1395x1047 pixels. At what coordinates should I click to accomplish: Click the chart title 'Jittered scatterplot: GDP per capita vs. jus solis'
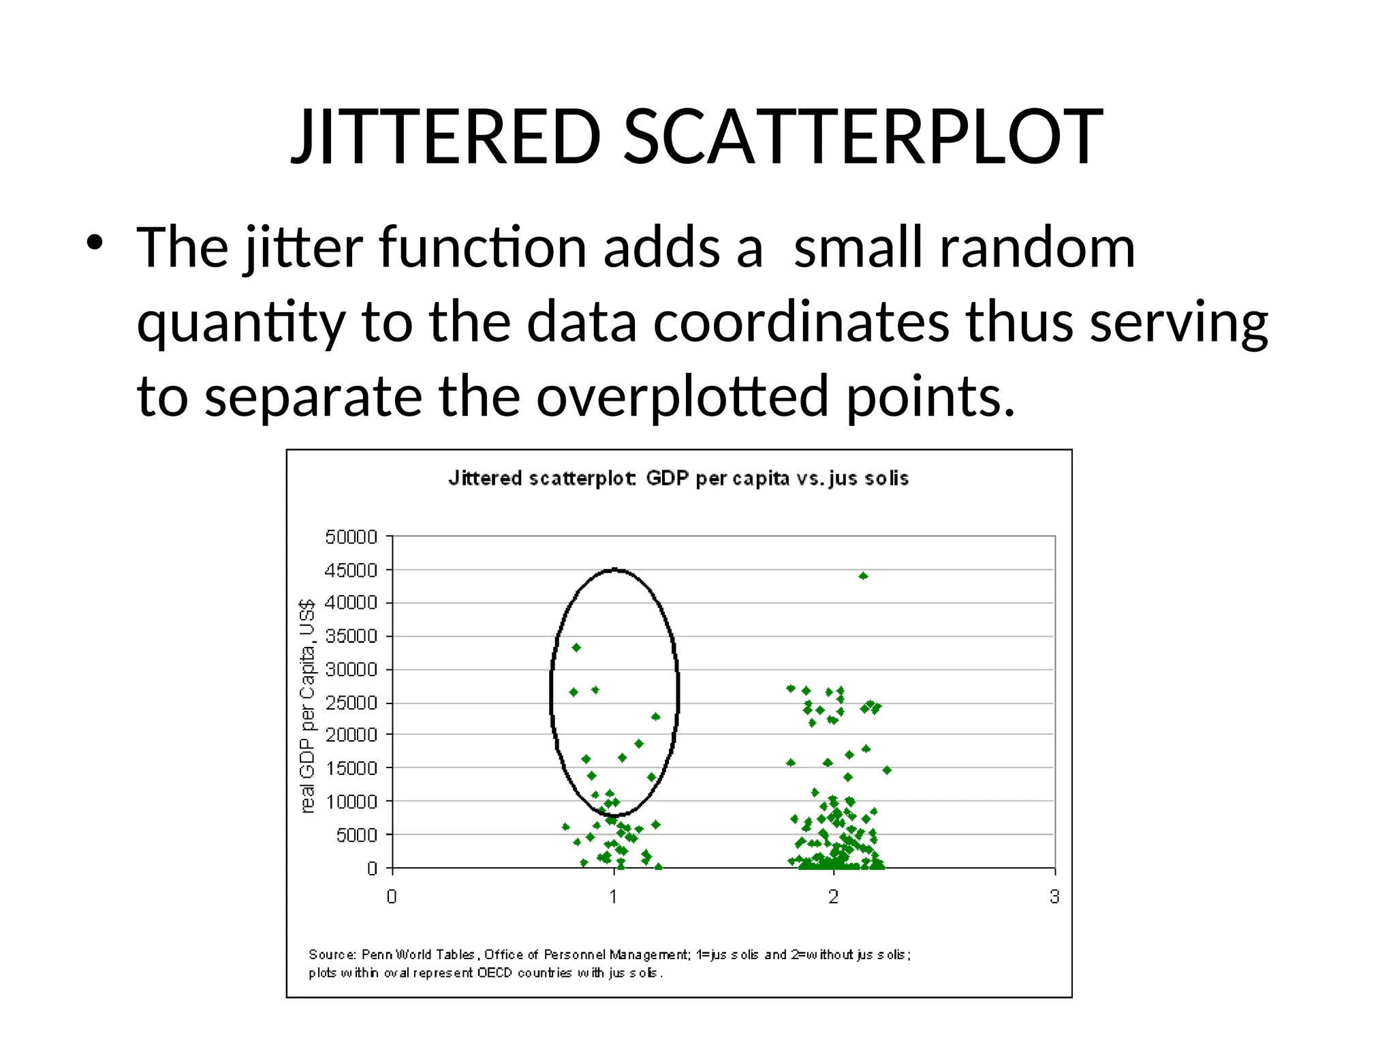coord(678,479)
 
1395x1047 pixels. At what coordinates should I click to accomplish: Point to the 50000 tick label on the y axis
coord(351,537)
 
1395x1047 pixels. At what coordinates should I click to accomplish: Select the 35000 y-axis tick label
coord(351,637)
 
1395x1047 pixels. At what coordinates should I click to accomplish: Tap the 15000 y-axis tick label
coord(351,769)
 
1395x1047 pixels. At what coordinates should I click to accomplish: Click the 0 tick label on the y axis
coord(372,868)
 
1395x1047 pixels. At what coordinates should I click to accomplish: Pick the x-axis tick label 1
coord(614,897)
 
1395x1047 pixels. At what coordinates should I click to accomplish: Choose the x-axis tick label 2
coord(834,897)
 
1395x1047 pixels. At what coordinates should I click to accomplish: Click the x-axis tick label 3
coord(1054,897)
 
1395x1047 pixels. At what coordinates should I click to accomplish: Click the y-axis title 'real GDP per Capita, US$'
coord(308,706)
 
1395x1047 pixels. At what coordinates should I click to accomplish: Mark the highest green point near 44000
coord(863,576)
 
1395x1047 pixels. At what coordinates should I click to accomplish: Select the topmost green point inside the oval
coord(576,648)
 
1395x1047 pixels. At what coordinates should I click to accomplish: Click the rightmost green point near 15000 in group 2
coord(887,770)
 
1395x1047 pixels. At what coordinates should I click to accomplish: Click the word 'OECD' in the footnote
coord(495,973)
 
